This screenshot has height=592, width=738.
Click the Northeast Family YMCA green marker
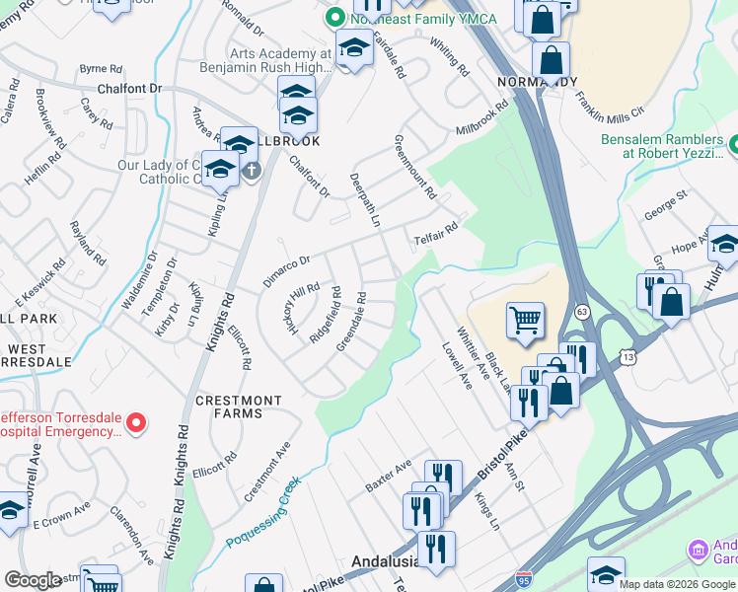[333, 17]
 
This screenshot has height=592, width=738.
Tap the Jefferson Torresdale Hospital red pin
[137, 424]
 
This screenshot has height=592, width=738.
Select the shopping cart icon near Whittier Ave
[525, 319]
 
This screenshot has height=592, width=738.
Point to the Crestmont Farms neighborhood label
[239, 407]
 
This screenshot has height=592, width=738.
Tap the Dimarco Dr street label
[286, 263]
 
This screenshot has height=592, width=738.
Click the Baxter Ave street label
[388, 478]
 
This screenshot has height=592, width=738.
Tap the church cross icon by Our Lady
[252, 171]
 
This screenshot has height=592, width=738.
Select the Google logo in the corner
[33, 580]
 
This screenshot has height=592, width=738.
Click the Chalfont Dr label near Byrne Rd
[128, 89]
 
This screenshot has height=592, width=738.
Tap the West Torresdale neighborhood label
[37, 355]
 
